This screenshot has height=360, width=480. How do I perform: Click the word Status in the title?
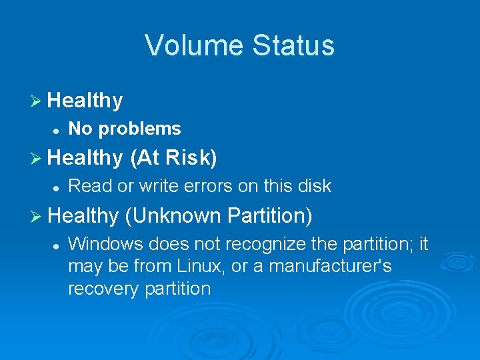click(294, 45)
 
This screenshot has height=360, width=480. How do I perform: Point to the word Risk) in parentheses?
click(191, 158)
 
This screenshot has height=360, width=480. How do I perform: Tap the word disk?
click(315, 186)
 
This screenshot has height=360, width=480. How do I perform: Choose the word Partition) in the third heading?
click(269, 215)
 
